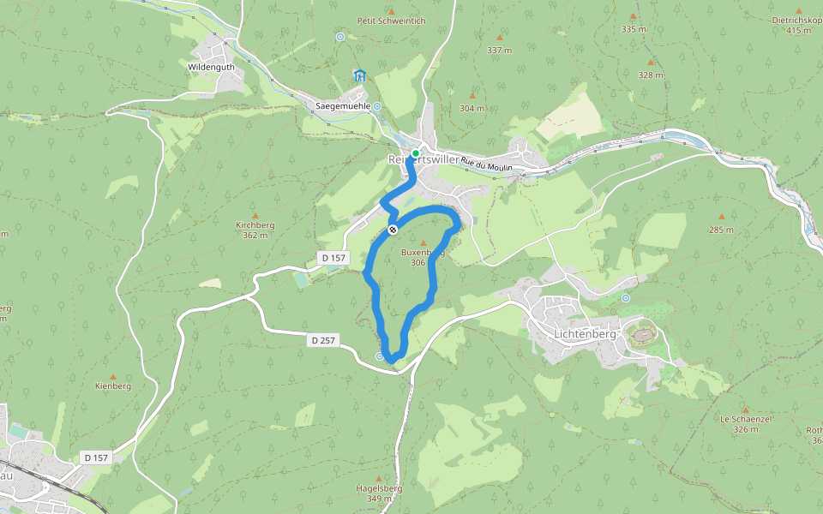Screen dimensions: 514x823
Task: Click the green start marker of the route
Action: click(x=416, y=153)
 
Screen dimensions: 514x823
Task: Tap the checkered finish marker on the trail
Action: click(x=393, y=230)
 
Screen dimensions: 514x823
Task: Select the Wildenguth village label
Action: click(x=210, y=65)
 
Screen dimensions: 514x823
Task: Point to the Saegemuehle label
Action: click(x=343, y=106)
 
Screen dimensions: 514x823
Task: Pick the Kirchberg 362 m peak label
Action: click(x=255, y=230)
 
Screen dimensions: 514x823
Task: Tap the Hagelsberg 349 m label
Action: click(x=379, y=493)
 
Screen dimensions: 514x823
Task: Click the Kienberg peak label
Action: click(x=112, y=386)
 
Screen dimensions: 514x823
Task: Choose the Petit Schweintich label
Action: click(x=391, y=21)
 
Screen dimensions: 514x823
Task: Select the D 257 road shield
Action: click(x=324, y=341)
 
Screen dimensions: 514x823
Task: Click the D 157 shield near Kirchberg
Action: click(x=333, y=257)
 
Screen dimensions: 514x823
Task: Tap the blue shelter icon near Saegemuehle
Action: click(x=360, y=75)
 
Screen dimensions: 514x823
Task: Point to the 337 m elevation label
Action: click(x=499, y=51)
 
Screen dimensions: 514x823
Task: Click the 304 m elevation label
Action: click(x=472, y=109)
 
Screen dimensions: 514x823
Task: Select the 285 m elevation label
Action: click(x=721, y=230)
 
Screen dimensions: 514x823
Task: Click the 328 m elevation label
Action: click(x=651, y=75)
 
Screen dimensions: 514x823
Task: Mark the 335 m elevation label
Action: click(x=634, y=29)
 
